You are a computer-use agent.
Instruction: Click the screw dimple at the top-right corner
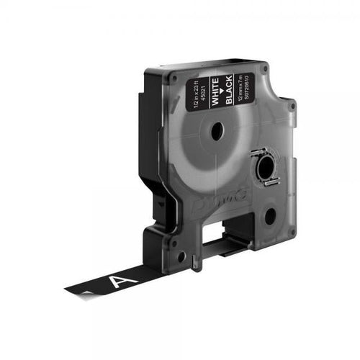coord(266,70)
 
